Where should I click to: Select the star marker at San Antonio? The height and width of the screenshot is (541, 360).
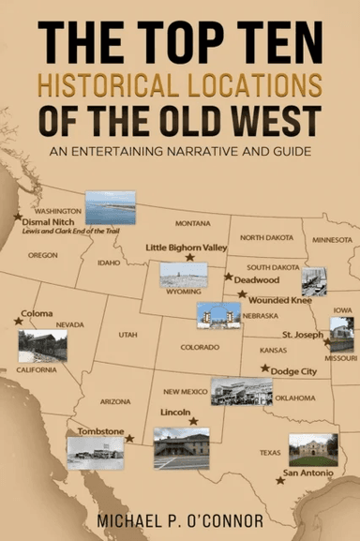click(x=279, y=480)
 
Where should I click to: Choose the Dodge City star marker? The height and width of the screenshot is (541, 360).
click(x=265, y=368)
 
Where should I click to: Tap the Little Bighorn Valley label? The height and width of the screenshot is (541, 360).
click(x=187, y=247)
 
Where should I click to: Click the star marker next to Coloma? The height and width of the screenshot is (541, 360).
click(x=19, y=321)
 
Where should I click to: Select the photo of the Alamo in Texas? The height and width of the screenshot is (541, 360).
click(x=312, y=449)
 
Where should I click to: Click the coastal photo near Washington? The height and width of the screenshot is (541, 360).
click(x=110, y=207)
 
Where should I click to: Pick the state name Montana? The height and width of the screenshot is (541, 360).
click(x=192, y=223)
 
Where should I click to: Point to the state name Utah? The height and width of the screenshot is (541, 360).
click(x=127, y=334)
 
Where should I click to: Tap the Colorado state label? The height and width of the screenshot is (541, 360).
click(x=200, y=347)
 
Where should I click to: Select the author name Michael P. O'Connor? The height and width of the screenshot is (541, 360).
click(x=180, y=518)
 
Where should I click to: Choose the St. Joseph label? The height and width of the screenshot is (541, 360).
click(x=304, y=334)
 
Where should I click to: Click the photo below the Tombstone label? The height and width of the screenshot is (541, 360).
click(x=95, y=452)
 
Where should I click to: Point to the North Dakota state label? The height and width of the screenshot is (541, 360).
click(x=266, y=237)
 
